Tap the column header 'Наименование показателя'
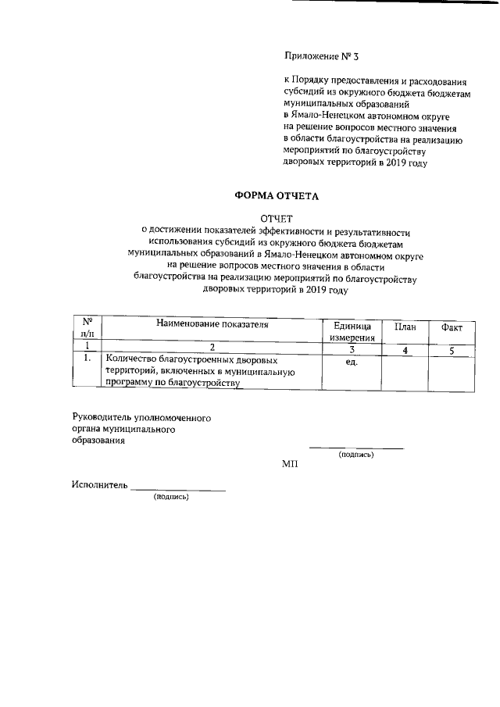coord(212,324)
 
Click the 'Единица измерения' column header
coord(352,331)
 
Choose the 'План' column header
coord(405,327)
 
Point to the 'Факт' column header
coord(452,327)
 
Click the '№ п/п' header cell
coord(88,327)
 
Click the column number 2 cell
coord(212,348)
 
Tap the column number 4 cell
coord(405,350)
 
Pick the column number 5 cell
coord(452,350)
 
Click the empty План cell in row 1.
coord(405,371)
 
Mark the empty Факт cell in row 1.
coord(452,371)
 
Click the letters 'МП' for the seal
coord(290,464)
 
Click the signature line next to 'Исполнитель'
coord(178,490)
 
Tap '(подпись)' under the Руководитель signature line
coord(355,455)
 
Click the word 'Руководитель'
coord(102,418)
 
